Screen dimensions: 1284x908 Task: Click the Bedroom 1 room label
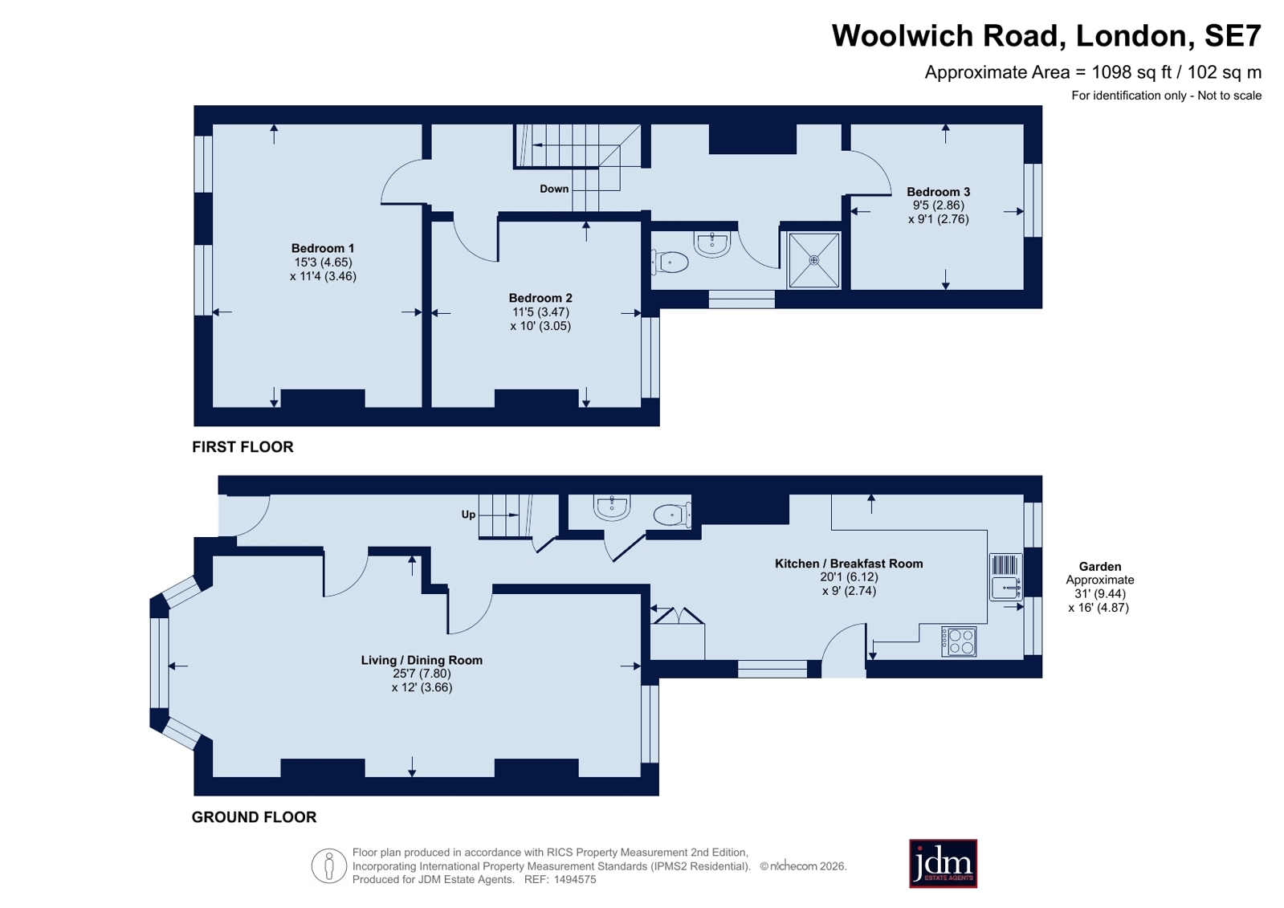tap(323, 248)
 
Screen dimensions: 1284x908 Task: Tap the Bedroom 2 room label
tap(540, 298)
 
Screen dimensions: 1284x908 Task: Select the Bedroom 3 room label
tap(939, 192)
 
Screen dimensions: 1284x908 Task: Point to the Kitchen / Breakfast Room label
tap(849, 564)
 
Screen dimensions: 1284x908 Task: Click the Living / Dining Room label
tap(422, 660)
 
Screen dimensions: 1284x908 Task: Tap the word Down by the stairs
tap(554, 189)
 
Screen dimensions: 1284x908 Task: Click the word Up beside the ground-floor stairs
tap(468, 515)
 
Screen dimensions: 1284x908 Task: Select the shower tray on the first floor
tap(814, 260)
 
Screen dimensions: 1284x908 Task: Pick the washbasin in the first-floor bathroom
tap(712, 243)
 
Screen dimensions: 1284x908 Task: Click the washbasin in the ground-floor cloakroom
tap(612, 507)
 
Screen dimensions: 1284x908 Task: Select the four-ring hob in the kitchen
tap(959, 641)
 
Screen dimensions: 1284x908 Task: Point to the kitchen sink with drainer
tap(1006, 576)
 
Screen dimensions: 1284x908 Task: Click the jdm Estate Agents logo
tap(943, 863)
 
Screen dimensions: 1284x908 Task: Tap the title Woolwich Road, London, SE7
tap(1046, 35)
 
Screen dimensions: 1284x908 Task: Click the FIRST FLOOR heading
tap(243, 447)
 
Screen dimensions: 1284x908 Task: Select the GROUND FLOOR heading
tap(254, 816)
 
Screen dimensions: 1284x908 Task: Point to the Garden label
tap(1099, 566)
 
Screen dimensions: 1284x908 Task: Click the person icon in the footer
tap(329, 865)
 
